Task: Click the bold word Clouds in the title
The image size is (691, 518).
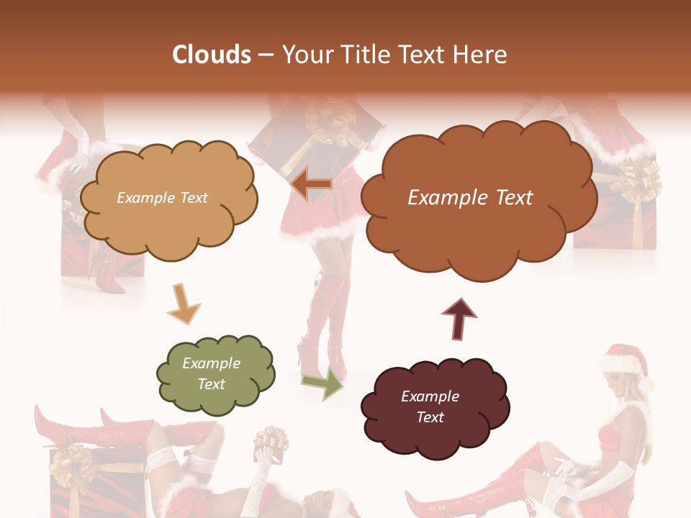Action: coord(211,55)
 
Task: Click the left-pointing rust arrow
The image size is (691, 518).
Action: coord(312,185)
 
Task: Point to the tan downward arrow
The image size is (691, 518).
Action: coord(183,303)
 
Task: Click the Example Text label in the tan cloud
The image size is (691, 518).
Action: coord(162,198)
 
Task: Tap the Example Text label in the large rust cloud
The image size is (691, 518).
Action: coord(470,198)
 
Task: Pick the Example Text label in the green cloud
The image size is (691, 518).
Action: coord(211,373)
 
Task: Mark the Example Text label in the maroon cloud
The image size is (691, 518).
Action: coord(430,406)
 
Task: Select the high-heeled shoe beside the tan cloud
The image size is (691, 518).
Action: coord(104,276)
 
